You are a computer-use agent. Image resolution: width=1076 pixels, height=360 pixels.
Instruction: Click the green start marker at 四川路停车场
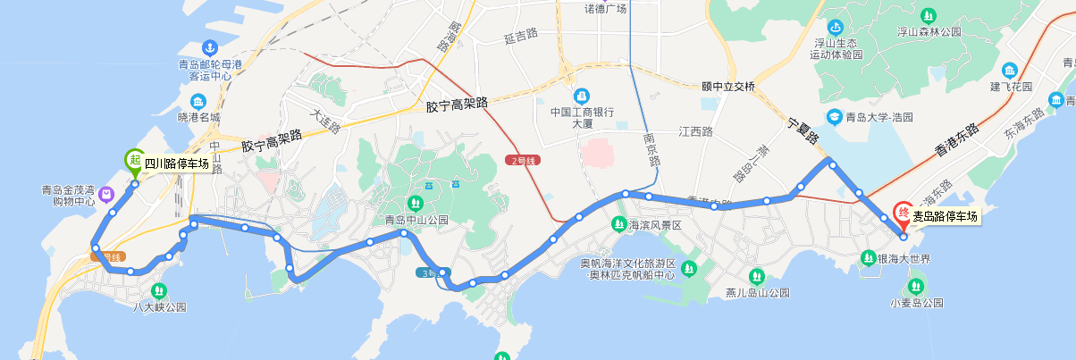pyautogui.click(x=134, y=160)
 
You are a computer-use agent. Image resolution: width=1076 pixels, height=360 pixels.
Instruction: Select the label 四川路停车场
pyautogui.click(x=177, y=163)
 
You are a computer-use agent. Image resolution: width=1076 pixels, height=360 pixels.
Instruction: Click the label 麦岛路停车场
pyautogui.click(x=945, y=216)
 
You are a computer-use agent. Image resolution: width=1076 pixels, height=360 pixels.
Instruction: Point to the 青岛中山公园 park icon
pyautogui.click(x=415, y=202)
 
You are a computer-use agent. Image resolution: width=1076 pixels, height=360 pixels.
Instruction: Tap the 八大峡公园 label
pyautogui.click(x=158, y=306)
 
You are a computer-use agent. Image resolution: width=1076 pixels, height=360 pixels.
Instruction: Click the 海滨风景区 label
pyautogui.click(x=654, y=226)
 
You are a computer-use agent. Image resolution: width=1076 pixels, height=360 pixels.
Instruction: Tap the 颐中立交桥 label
pyautogui.click(x=728, y=87)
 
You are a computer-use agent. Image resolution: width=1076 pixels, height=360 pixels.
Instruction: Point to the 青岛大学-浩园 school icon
pyautogui.click(x=833, y=117)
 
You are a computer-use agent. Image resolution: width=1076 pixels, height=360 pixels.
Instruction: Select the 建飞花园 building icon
pyautogui.click(x=1010, y=71)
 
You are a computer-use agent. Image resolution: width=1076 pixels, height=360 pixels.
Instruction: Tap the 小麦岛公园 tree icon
pyautogui.click(x=916, y=287)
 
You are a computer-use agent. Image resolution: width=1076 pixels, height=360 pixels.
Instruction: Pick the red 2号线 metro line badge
pyautogui.click(x=523, y=161)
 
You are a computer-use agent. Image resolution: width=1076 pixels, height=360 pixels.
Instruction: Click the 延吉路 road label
pyautogui.click(x=520, y=37)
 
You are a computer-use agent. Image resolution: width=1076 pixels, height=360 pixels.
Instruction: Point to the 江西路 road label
pyautogui.click(x=695, y=131)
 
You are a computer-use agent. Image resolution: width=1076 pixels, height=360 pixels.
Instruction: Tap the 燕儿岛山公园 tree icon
pyautogui.click(x=757, y=275)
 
